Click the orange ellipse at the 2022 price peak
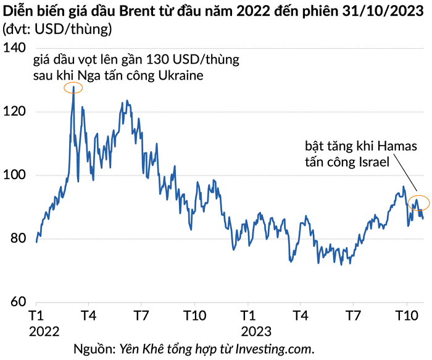(x=73, y=88)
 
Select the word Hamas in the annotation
(x=397, y=147)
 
